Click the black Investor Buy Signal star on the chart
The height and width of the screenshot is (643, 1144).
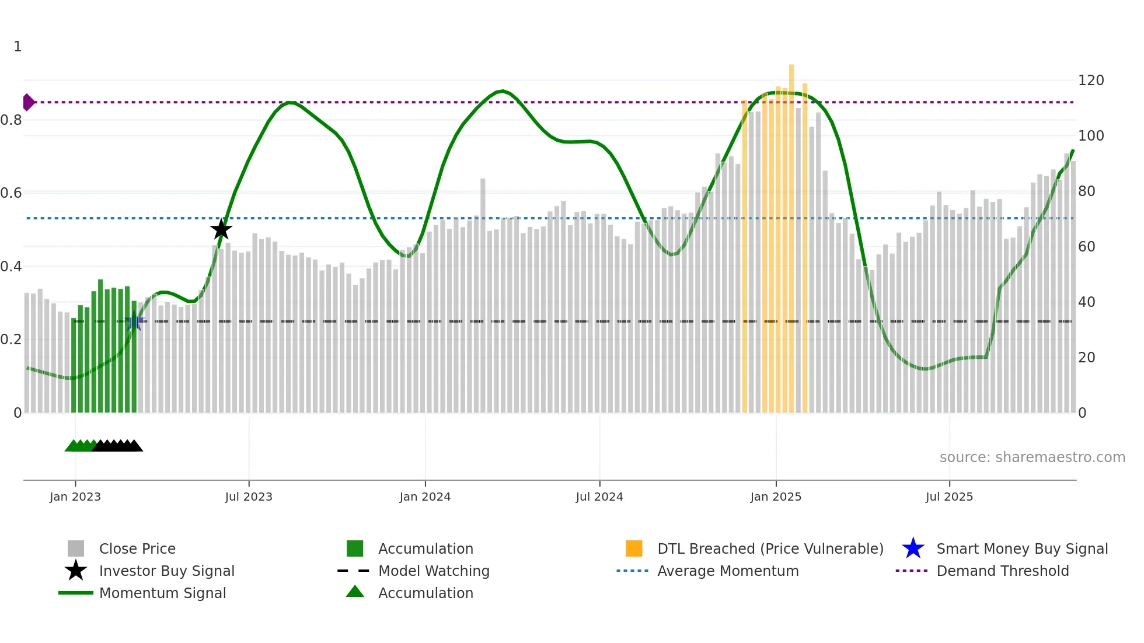click(x=221, y=229)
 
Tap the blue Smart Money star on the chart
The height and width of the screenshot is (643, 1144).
click(x=134, y=321)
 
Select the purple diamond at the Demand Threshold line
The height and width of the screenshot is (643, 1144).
click(x=28, y=102)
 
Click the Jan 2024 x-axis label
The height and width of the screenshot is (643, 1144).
click(x=425, y=497)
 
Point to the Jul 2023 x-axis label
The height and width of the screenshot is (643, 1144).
click(x=249, y=497)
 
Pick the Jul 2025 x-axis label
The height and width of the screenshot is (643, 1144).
click(x=949, y=497)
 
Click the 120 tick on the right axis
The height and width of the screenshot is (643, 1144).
click(x=1090, y=81)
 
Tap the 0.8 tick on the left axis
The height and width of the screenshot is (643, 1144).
click(x=11, y=120)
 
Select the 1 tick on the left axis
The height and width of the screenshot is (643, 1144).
click(x=18, y=47)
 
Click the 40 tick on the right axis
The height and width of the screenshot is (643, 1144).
click(x=1086, y=302)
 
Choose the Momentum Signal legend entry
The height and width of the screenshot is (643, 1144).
click(x=162, y=593)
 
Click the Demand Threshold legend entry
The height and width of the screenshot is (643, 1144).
click(x=1002, y=571)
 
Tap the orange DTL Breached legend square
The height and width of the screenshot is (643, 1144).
click(x=634, y=548)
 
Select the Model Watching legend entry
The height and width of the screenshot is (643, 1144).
click(x=433, y=571)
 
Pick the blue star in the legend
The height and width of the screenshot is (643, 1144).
click(x=913, y=548)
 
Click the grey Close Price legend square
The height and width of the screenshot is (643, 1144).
click(x=76, y=548)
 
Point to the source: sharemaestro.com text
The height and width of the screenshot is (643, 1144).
click(x=1032, y=457)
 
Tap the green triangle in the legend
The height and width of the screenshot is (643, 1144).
click(x=355, y=592)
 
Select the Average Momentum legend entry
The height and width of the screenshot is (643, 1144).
click(x=727, y=571)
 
